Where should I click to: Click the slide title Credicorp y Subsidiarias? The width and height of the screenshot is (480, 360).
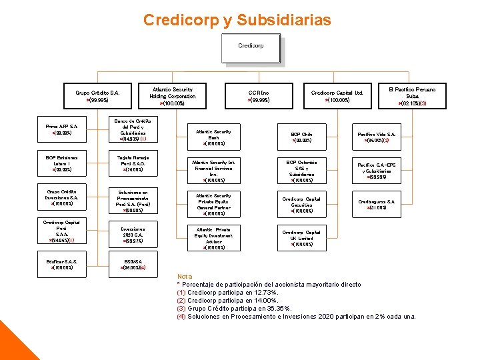pos(237,21)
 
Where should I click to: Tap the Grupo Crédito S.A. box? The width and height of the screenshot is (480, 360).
pos(97,96)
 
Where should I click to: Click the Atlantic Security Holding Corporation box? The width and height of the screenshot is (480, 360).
pos(173,96)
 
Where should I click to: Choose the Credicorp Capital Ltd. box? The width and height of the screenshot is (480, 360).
pos(337,96)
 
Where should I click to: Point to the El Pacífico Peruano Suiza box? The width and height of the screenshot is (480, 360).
pos(412,95)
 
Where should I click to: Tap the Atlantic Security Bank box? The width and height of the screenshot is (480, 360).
pos(214,137)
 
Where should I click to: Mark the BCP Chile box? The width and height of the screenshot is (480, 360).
pos(302,137)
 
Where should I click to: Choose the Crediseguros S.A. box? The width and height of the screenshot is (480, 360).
pos(377,204)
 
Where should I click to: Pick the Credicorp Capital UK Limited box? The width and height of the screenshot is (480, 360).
pos(302,238)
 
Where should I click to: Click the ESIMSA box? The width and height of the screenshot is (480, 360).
pos(137,264)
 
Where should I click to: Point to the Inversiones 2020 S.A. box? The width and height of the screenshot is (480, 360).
pos(137,233)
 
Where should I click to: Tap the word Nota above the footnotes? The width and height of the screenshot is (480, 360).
pos(185,277)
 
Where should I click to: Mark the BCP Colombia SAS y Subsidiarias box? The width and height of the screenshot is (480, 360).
pos(302,171)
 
